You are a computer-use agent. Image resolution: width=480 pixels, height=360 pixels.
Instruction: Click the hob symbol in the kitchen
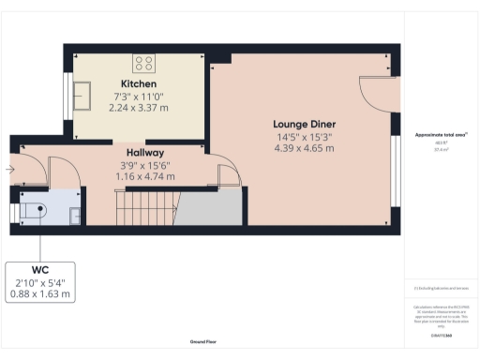pyautogui.click(x=143, y=63)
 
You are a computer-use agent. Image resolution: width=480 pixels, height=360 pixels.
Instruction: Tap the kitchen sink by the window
pyautogui.click(x=82, y=95)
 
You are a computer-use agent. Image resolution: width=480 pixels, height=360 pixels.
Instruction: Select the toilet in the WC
pyautogui.click(x=33, y=212)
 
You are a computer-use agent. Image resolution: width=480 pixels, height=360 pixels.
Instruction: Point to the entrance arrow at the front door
pyautogui.click(x=9, y=170)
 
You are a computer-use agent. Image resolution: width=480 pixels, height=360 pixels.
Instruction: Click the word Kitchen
pyautogui.click(x=125, y=83)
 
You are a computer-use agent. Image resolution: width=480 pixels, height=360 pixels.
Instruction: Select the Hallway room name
pyautogui.click(x=145, y=153)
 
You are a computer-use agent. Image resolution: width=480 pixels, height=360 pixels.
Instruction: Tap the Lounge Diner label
pyautogui.click(x=304, y=124)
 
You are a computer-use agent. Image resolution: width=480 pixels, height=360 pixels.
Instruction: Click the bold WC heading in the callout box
pyautogui.click(x=39, y=268)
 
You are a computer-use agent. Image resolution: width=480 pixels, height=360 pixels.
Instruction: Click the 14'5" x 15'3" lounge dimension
pyautogui.click(x=304, y=136)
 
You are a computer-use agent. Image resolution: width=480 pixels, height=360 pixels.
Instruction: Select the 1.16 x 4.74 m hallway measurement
pyautogui.click(x=145, y=175)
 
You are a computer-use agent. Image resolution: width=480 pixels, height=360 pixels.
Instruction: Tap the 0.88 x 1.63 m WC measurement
pyautogui.click(x=39, y=293)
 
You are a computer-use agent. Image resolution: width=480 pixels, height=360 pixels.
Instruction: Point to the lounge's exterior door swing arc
pyautogui.click(x=374, y=94)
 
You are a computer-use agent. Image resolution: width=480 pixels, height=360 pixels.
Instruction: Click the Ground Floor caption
pyautogui.click(x=204, y=341)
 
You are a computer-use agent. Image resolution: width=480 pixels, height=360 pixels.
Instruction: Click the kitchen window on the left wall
pyautogui.click(x=66, y=94)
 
